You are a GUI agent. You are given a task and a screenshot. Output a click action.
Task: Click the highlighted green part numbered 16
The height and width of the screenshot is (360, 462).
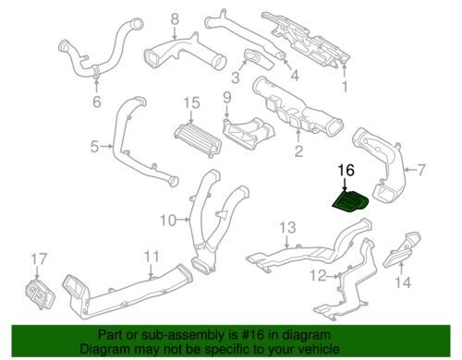[x=351, y=201]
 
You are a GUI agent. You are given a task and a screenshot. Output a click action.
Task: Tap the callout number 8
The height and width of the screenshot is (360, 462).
[x=175, y=19]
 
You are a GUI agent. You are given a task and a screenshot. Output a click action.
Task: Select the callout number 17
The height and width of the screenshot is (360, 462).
[x=39, y=259]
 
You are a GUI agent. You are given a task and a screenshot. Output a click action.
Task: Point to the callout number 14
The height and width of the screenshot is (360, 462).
[x=403, y=282]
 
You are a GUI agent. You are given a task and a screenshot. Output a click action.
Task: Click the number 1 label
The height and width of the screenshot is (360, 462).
[x=345, y=87]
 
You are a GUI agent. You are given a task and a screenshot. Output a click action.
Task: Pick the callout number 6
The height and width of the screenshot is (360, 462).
[x=97, y=102]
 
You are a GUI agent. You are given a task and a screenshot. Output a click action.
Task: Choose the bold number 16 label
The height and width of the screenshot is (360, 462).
[x=346, y=170]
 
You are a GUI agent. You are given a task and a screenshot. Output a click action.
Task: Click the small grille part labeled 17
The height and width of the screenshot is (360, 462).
[x=40, y=294]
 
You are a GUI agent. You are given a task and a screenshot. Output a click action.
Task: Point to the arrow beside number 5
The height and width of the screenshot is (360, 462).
[x=107, y=147]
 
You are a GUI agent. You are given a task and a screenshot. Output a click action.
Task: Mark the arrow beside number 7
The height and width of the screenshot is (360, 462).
[x=409, y=170]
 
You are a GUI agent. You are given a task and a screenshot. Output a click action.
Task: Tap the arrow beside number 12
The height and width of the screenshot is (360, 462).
[x=333, y=277]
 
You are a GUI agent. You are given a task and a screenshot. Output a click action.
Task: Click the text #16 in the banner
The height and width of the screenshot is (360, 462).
[x=253, y=334]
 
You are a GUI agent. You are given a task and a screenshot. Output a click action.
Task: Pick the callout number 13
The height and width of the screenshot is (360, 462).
[x=287, y=227]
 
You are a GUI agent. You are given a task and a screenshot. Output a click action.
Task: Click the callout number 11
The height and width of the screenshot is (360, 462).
[x=152, y=257]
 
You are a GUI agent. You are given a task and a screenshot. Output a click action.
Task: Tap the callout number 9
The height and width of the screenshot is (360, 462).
[x=226, y=98]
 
